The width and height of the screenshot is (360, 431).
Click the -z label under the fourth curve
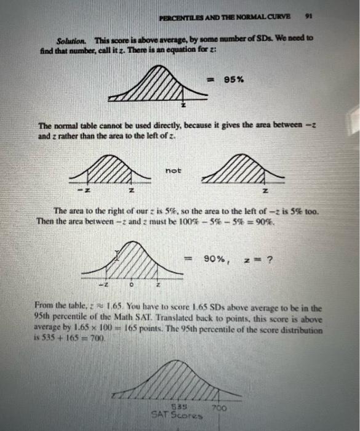[103, 285]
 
